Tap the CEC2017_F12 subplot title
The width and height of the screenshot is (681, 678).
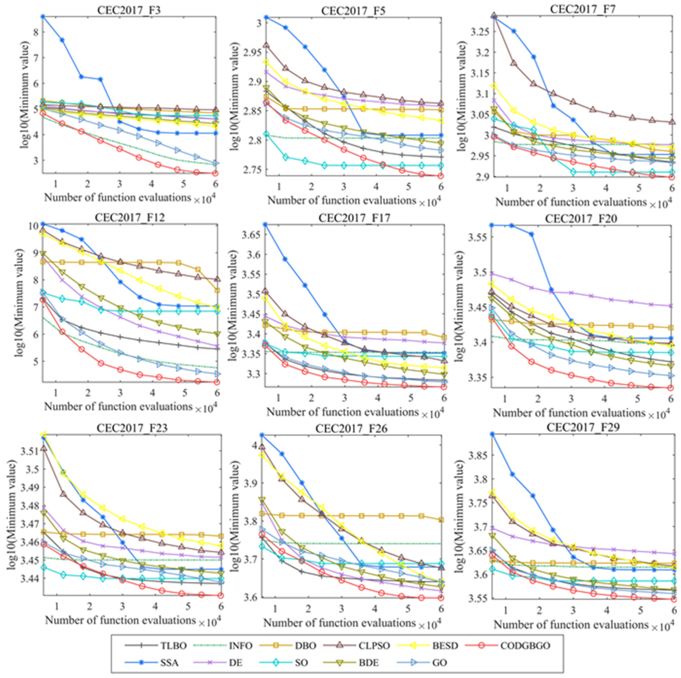[x=129, y=217]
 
